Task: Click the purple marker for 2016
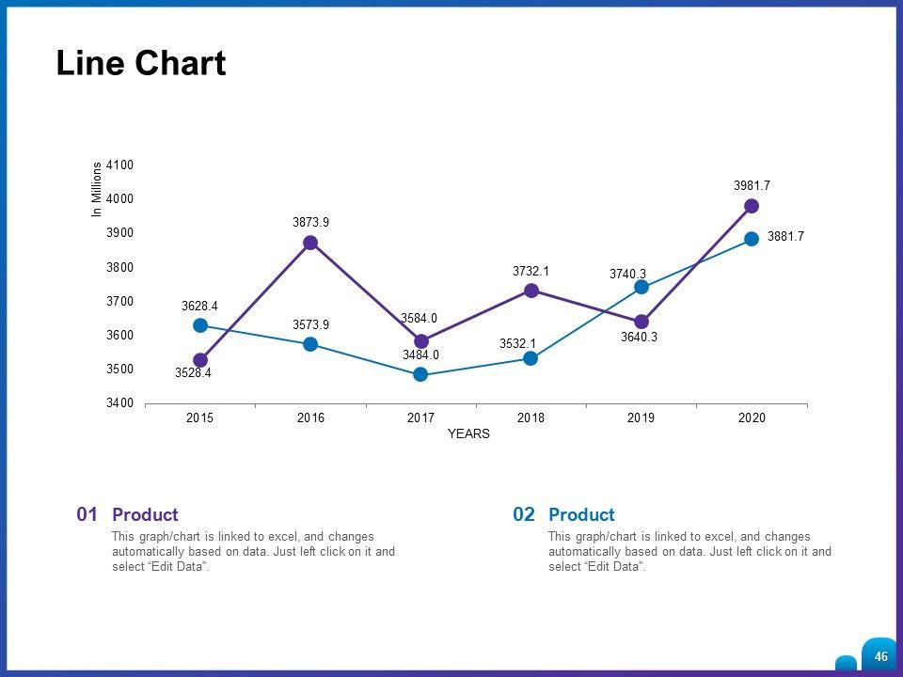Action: click(x=310, y=243)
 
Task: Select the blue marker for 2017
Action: click(x=420, y=374)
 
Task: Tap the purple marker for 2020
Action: click(x=752, y=206)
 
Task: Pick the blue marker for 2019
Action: click(x=642, y=287)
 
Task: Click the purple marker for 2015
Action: click(x=200, y=360)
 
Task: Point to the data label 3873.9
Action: click(x=310, y=223)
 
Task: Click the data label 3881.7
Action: click(x=785, y=237)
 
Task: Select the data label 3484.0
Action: click(x=420, y=354)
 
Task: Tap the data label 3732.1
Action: click(x=531, y=271)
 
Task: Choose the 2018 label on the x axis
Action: click(x=531, y=417)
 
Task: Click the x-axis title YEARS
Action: click(x=468, y=434)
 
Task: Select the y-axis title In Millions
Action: click(x=96, y=190)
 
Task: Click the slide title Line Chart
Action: click(x=141, y=63)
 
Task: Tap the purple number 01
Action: click(x=87, y=514)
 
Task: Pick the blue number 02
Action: click(x=524, y=514)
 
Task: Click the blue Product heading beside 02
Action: click(x=581, y=515)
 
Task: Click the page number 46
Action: click(x=880, y=656)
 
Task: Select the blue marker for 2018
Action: click(x=531, y=358)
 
